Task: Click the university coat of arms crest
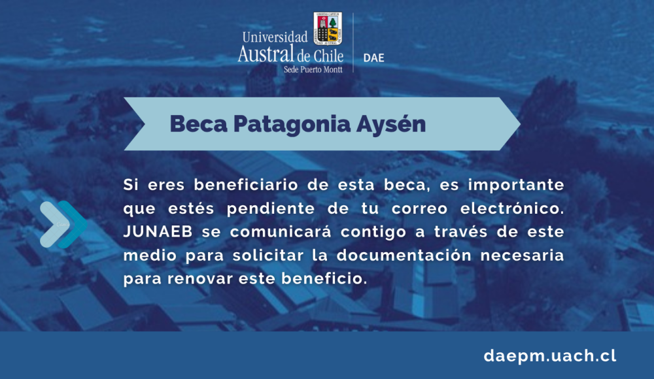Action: (328, 28)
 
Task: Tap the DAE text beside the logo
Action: (373, 58)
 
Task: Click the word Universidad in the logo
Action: (275, 37)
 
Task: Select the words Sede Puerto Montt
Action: (313, 70)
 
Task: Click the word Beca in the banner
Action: (199, 124)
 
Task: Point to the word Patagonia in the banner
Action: (292, 125)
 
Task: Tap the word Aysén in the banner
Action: (391, 124)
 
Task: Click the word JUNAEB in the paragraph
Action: (158, 232)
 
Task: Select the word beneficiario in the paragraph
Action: (246, 185)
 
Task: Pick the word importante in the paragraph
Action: (516, 186)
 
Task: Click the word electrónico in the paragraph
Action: (512, 208)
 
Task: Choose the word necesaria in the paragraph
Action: (522, 255)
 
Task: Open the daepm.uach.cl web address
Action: (550, 355)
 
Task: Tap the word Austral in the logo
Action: (266, 54)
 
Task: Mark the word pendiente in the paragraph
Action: (271, 209)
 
